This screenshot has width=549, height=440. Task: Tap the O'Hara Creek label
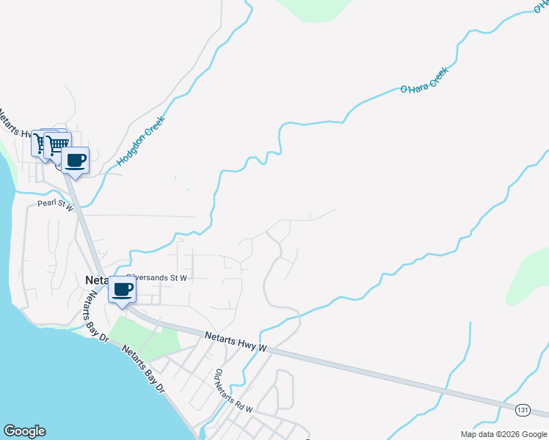(x=423, y=79)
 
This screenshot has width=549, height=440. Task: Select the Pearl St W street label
(x=57, y=207)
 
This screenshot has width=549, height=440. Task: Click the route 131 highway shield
(x=522, y=408)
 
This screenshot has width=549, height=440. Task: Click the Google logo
(x=24, y=431)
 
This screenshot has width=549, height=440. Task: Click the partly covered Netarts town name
(x=96, y=280)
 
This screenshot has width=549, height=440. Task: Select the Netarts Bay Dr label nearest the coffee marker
(x=95, y=315)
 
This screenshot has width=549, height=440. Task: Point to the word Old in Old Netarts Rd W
(x=219, y=376)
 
